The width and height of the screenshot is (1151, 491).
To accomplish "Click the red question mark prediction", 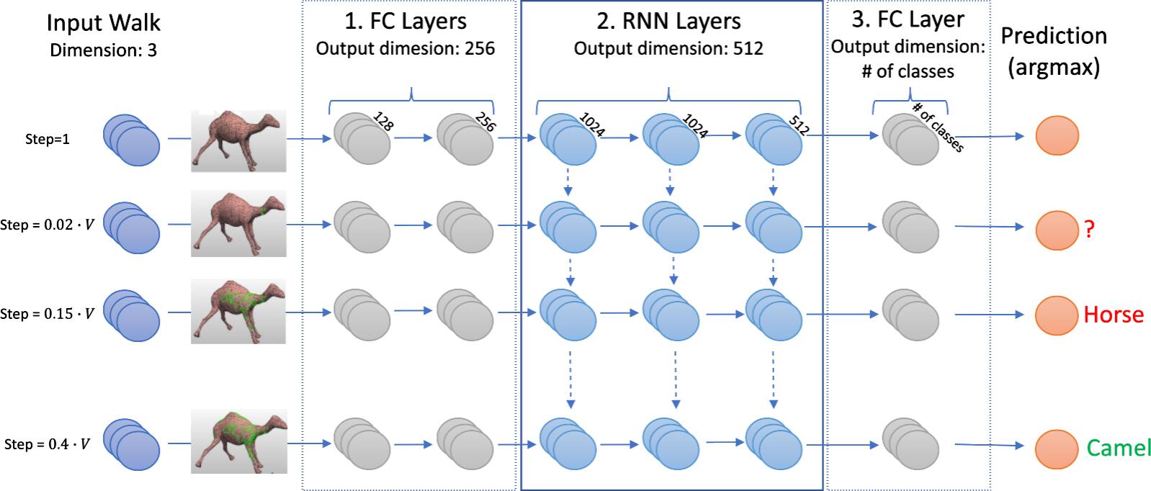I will tap(1089, 229).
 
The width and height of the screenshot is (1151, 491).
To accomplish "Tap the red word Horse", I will tap(1114, 315).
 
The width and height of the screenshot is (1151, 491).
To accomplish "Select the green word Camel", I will tap(1119, 448).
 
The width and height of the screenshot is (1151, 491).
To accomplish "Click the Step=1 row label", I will tap(48, 139).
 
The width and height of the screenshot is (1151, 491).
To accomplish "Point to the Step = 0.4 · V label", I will tap(47, 444).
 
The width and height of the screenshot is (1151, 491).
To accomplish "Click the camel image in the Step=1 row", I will tap(238, 140).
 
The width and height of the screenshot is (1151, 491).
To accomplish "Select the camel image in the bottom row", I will tap(238, 441).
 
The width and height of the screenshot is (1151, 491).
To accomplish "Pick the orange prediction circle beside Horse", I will tap(1057, 315).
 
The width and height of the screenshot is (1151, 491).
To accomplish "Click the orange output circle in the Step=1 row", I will tap(1057, 135).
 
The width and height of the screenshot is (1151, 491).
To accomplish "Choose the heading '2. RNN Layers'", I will tap(668, 22).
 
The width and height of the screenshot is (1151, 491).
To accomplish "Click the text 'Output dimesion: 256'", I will tap(406, 49).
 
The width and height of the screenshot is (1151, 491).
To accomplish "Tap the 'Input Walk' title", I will tap(104, 22).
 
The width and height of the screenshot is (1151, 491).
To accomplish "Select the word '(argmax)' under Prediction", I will tap(1054, 67).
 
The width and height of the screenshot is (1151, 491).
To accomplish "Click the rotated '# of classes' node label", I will tap(937, 127).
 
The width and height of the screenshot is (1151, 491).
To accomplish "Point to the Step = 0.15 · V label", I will tap(47, 314).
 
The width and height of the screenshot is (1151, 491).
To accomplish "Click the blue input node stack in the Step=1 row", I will tap(132, 140).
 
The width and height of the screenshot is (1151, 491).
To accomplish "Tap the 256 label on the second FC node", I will tap(485, 122).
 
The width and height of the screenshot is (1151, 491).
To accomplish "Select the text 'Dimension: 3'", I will tap(104, 50).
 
